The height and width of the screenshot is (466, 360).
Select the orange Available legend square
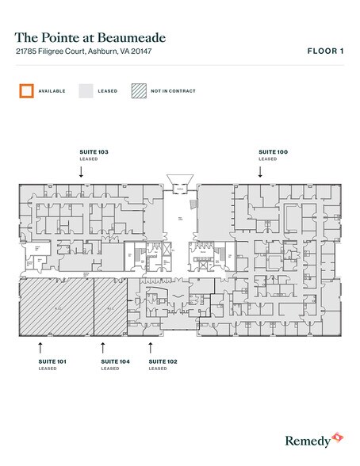coord(27,90)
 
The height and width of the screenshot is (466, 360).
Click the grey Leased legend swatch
coord(86,90)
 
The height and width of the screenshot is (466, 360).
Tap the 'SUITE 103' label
coord(94,150)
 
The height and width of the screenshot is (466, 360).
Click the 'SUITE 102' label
coord(163,361)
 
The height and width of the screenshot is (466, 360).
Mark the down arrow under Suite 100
coord(260,170)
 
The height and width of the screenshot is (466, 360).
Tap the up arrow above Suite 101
coord(40,346)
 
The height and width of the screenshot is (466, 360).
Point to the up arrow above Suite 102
coord(151,346)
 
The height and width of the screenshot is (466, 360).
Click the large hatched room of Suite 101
coord(56,307)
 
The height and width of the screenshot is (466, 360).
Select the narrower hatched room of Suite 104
coord(115,307)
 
